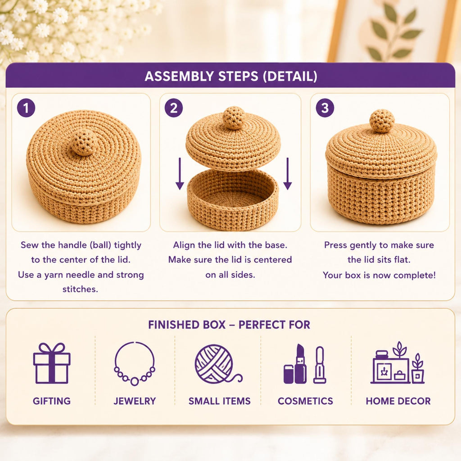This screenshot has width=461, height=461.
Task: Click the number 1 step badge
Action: (26, 108)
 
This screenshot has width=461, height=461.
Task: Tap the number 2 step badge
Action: (174, 108)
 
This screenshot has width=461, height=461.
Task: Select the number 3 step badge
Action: (325, 108)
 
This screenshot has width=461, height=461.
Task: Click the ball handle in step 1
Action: (84, 143)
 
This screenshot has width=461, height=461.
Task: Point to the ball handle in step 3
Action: (382, 121)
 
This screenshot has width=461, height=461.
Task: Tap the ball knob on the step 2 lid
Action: (234, 118)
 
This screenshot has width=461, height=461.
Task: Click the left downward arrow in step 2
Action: (180, 173)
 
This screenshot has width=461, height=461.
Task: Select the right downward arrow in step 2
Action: (288, 173)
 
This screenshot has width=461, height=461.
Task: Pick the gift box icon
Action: (52, 363)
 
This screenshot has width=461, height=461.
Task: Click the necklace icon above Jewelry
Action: (135, 364)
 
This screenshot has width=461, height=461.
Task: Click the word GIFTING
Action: (52, 401)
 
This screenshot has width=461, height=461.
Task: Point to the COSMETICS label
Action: (305, 401)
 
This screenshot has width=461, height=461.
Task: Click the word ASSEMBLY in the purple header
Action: (179, 76)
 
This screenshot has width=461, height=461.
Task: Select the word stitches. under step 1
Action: (80, 289)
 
